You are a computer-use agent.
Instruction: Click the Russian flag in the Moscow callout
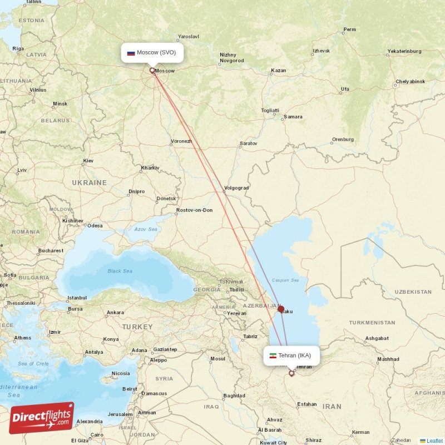(131, 53)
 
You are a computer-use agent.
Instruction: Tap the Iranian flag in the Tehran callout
(273, 355)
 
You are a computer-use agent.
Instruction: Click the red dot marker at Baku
(281, 309)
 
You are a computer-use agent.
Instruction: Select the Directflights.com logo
(41, 417)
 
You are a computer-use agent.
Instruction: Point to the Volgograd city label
(236, 188)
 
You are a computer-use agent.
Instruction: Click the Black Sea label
(120, 271)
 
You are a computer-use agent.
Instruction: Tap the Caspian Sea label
(285, 280)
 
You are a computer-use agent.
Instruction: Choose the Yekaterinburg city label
(404, 51)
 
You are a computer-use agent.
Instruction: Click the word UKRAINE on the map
(89, 182)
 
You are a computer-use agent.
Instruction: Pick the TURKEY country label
(137, 327)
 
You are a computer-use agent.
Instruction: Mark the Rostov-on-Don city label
(194, 210)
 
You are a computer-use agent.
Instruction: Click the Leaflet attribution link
(434, 441)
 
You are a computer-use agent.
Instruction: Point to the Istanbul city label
(77, 298)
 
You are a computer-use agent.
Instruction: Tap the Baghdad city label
(234, 396)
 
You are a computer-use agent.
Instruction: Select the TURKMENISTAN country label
(372, 323)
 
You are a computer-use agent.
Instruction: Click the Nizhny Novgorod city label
(231, 58)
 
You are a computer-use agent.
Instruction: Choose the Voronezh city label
(181, 141)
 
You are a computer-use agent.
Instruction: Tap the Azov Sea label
(146, 229)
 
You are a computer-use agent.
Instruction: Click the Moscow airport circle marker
(152, 70)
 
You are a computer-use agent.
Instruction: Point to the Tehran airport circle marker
(291, 373)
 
